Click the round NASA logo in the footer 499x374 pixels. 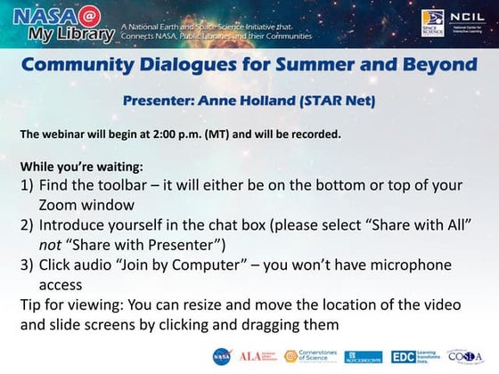tap(220, 355)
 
